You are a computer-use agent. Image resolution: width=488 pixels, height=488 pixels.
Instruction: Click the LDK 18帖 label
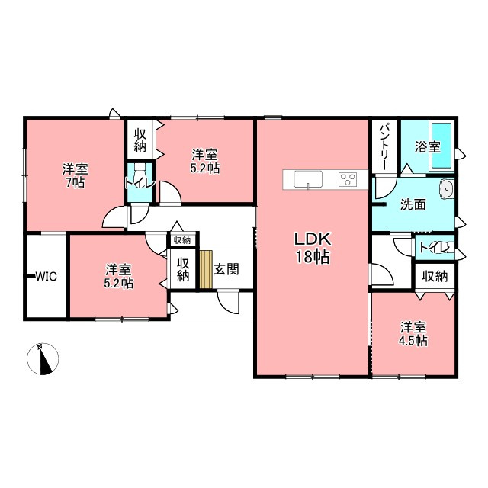coord(312,248)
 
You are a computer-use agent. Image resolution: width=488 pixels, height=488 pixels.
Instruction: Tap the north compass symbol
coord(43,359)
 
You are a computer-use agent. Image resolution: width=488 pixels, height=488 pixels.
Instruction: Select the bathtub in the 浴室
coord(440,146)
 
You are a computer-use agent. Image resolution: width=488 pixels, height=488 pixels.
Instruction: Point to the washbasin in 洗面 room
coord(447,188)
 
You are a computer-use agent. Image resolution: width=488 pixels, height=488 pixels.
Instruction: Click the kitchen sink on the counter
coord(308,179)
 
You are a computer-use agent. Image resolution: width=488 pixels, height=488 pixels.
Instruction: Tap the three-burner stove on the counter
coord(348,180)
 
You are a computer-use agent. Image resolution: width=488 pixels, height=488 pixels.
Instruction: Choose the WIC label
coord(47,276)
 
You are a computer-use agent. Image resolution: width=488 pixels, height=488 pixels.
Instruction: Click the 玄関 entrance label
coord(226,269)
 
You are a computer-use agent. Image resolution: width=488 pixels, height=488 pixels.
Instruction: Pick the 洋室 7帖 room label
coord(75,176)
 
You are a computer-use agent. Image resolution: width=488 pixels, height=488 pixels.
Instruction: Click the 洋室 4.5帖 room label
coord(413,334)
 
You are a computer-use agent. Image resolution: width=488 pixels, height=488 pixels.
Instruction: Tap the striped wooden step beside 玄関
coord(206,269)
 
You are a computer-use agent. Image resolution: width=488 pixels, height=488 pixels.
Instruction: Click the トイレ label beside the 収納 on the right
coord(435,247)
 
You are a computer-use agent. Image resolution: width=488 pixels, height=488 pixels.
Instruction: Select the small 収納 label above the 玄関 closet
coord(182,240)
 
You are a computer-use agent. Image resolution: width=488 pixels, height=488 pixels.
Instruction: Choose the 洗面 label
coord(413,204)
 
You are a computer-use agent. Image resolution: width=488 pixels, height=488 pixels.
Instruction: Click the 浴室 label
coord(427,147)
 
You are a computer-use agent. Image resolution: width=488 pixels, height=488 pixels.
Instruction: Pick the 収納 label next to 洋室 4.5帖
coord(435,276)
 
